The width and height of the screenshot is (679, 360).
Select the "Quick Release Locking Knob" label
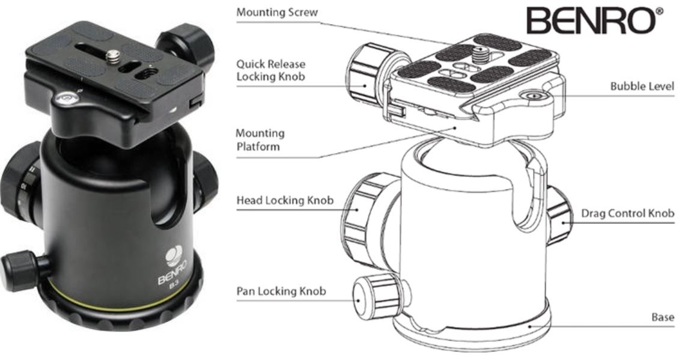(x=270, y=70)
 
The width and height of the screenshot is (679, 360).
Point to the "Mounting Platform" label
(x=260, y=139)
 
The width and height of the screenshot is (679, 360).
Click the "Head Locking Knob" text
(x=284, y=200)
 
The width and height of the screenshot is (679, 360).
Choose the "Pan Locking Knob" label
(x=281, y=291)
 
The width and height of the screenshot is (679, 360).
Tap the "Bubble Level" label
(x=642, y=87)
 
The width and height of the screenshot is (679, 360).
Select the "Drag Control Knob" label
(x=627, y=213)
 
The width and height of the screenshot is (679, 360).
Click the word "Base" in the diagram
(x=662, y=317)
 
